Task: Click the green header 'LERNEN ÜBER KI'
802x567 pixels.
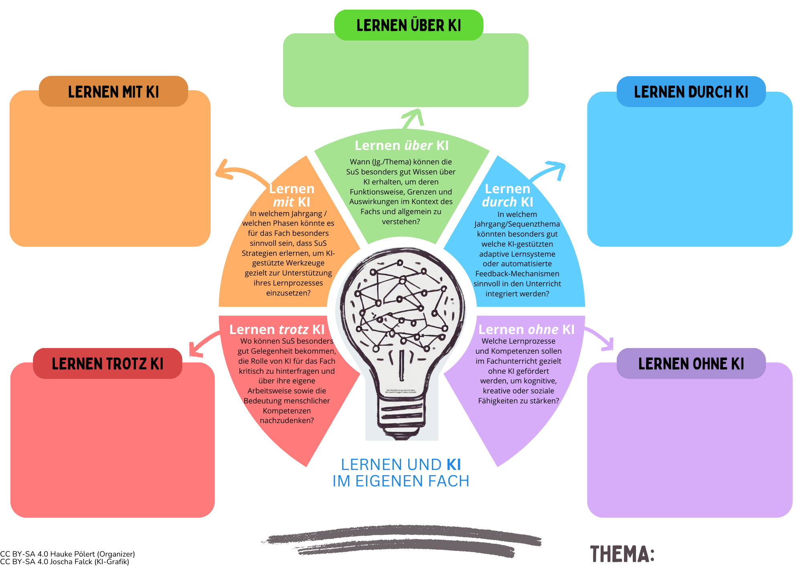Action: (409, 25)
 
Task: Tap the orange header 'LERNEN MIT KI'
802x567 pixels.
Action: (113, 92)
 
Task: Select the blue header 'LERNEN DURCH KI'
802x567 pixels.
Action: (691, 92)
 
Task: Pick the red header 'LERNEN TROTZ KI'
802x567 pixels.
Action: (107, 364)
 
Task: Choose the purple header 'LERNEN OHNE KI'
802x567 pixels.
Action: (691, 364)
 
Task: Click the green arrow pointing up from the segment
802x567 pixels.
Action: (412, 118)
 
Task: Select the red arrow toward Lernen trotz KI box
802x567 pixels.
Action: (203, 343)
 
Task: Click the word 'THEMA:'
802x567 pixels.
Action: (622, 554)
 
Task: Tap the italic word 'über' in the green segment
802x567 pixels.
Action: (418, 146)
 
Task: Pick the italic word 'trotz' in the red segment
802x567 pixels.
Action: (294, 330)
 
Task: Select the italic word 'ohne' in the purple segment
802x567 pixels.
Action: (543, 330)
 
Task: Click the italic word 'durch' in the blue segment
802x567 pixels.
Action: (499, 202)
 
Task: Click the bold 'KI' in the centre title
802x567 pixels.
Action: (454, 465)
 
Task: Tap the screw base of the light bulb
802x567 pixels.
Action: (401, 417)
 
